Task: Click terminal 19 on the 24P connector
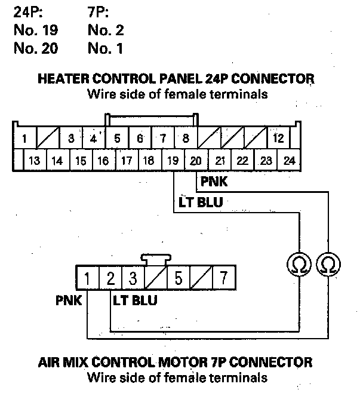(173, 160)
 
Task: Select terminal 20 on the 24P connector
(196, 160)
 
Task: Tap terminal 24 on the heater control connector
(290, 160)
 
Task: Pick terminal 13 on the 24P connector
(34, 160)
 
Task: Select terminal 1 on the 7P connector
(87, 278)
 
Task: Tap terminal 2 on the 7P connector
(110, 278)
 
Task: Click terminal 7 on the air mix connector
(223, 278)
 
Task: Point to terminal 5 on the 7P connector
(178, 278)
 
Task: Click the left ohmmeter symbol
(297, 263)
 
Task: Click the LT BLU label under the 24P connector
(201, 202)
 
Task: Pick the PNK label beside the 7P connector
(68, 300)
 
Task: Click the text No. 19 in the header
(36, 29)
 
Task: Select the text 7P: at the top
(99, 11)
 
